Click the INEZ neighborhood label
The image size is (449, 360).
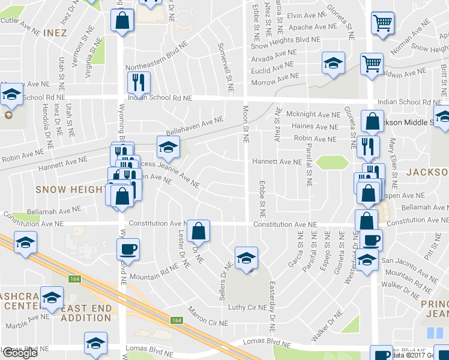[55, 32]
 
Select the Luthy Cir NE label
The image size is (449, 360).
[247, 307]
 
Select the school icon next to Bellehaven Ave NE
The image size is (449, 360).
[168, 146]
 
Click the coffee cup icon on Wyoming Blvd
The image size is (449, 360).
[128, 248]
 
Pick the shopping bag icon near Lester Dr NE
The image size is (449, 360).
[197, 230]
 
